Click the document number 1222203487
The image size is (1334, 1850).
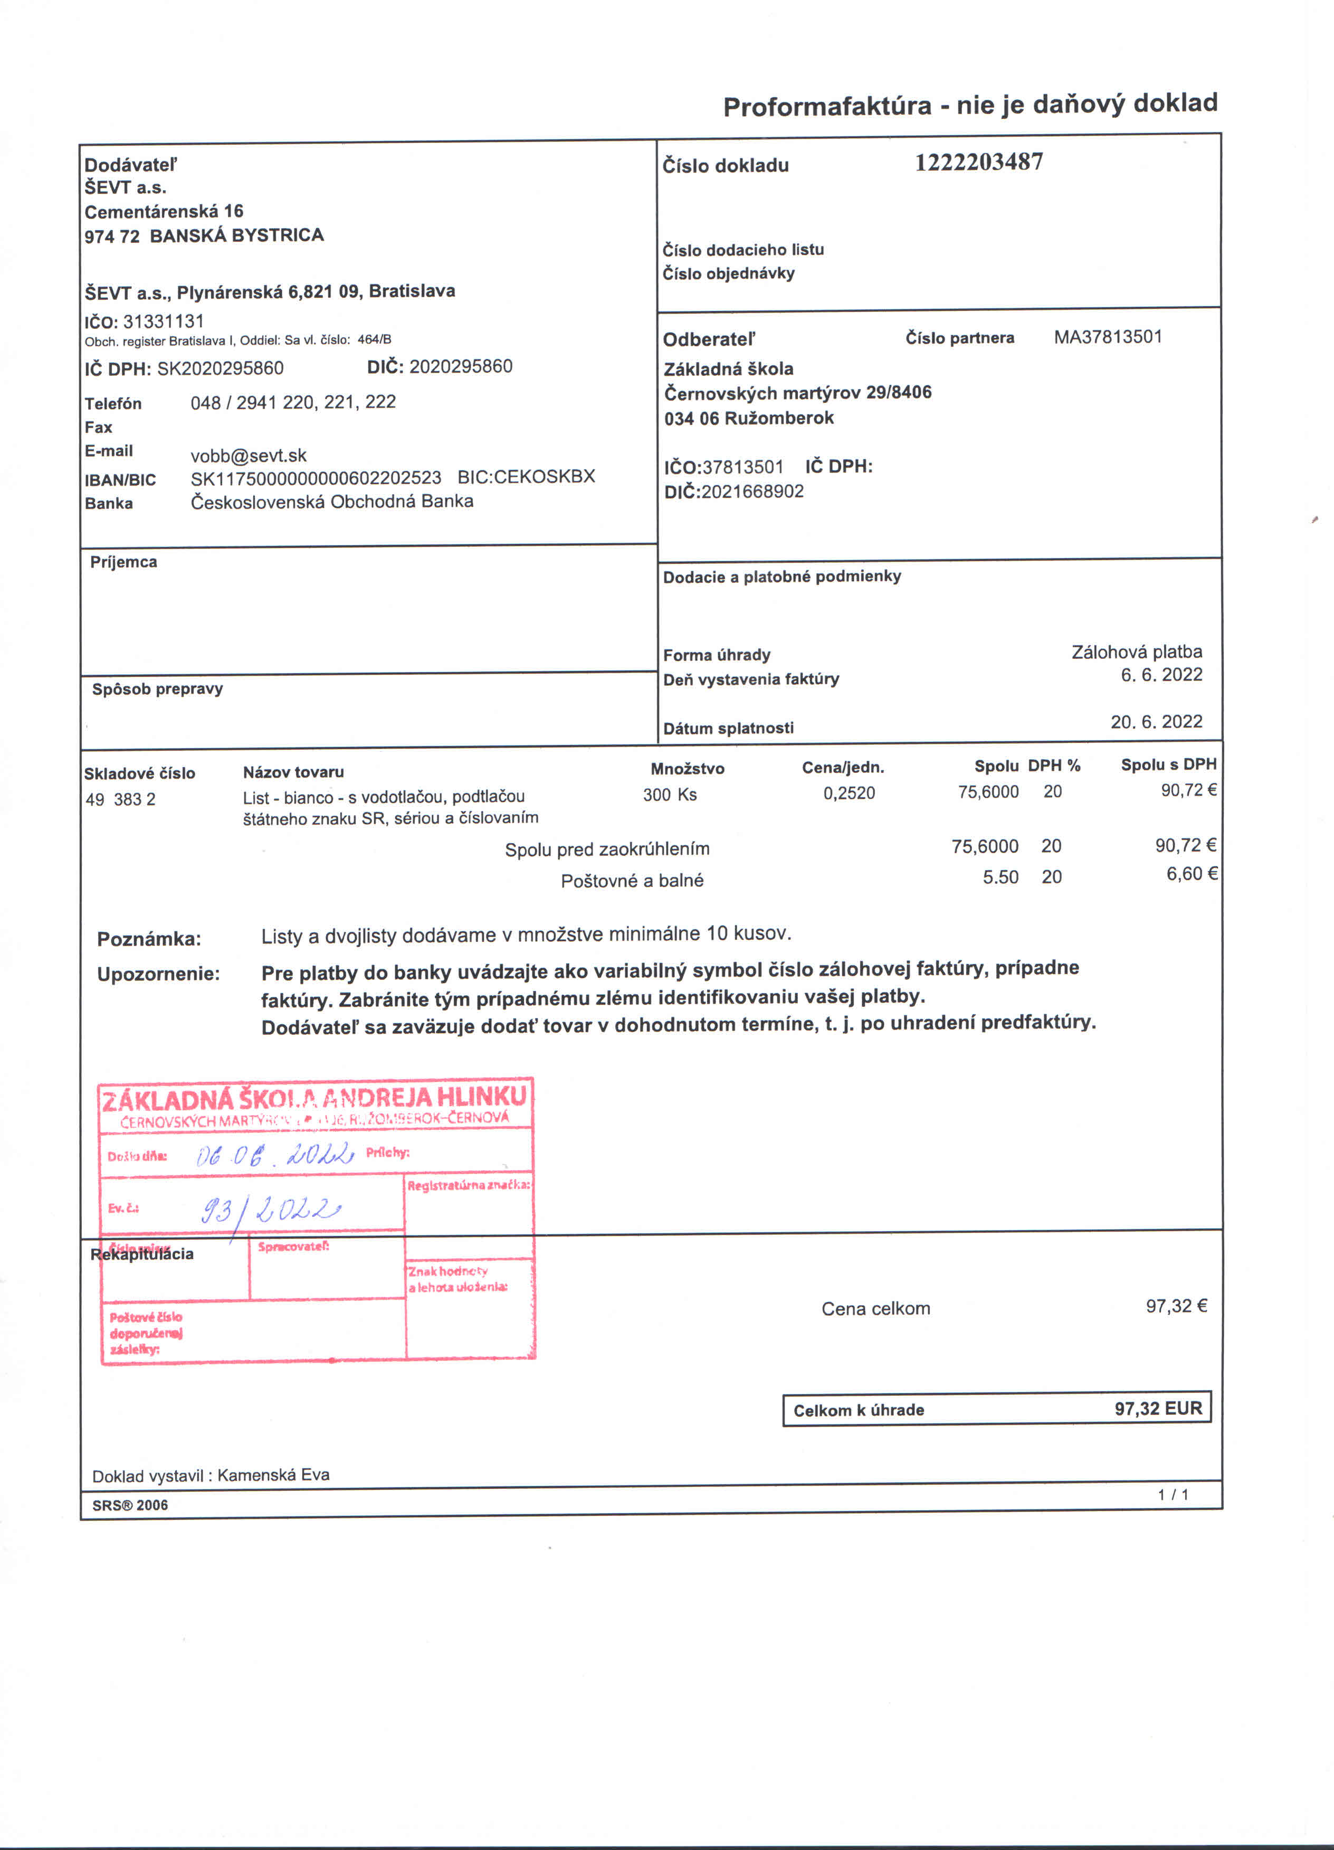click(x=978, y=162)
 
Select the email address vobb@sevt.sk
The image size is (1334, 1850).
click(x=249, y=455)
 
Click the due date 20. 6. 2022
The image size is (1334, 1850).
click(x=1156, y=721)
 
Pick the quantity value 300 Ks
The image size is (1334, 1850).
click(x=670, y=795)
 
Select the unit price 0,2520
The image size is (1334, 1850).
click(x=849, y=793)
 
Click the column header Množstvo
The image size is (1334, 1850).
click(x=688, y=768)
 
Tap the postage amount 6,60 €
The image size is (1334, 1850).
click(x=1192, y=874)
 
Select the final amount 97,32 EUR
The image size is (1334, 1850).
click(x=1158, y=1408)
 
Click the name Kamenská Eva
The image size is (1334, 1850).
click(x=273, y=1475)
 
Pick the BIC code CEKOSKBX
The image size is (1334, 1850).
click(x=545, y=476)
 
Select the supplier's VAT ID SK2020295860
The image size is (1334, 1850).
click(x=220, y=368)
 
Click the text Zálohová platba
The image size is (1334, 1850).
click(x=1137, y=652)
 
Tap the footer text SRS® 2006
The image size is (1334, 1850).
click(x=130, y=1505)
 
